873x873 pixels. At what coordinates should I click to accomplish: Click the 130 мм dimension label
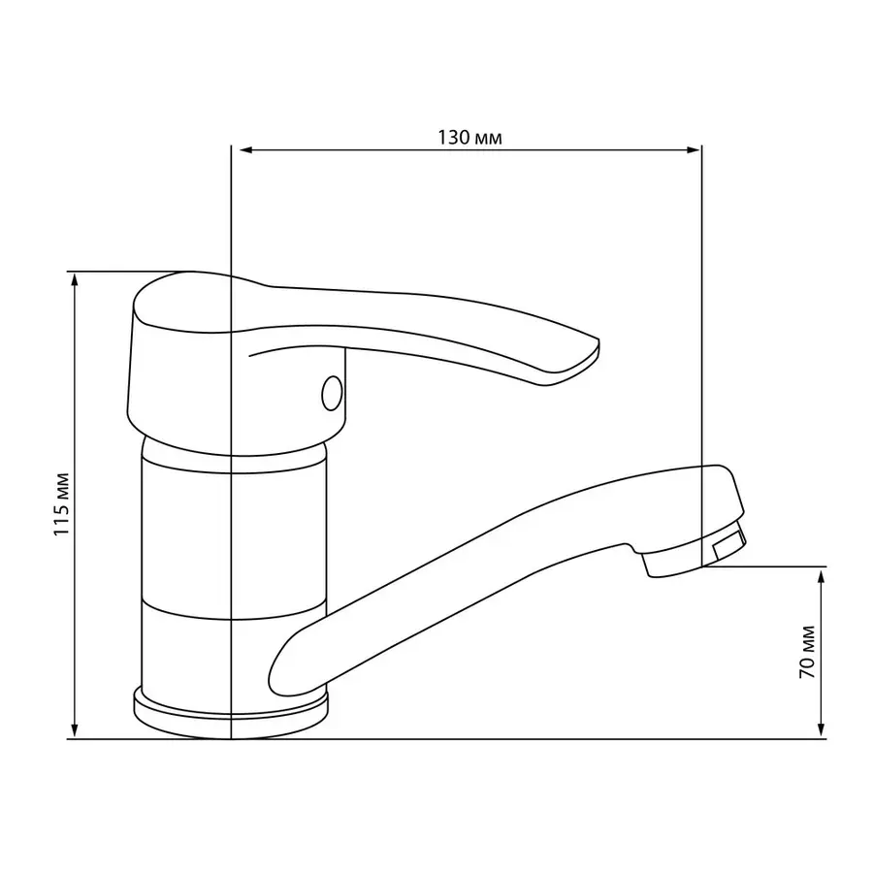click(469, 137)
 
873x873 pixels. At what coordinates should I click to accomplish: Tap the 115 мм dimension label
click(61, 504)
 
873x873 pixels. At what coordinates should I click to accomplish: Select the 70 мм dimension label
click(807, 652)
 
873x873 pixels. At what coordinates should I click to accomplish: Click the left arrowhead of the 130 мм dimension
click(246, 149)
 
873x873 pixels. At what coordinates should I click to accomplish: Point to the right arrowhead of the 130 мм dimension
click(693, 149)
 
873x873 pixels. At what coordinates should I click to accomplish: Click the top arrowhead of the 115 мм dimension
click(75, 280)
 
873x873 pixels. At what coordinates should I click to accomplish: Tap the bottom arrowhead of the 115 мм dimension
click(75, 730)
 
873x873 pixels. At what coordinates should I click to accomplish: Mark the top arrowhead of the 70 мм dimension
click(820, 575)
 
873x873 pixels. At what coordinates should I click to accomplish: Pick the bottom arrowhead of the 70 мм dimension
click(820, 730)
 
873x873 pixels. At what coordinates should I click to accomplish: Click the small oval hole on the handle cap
click(332, 393)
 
